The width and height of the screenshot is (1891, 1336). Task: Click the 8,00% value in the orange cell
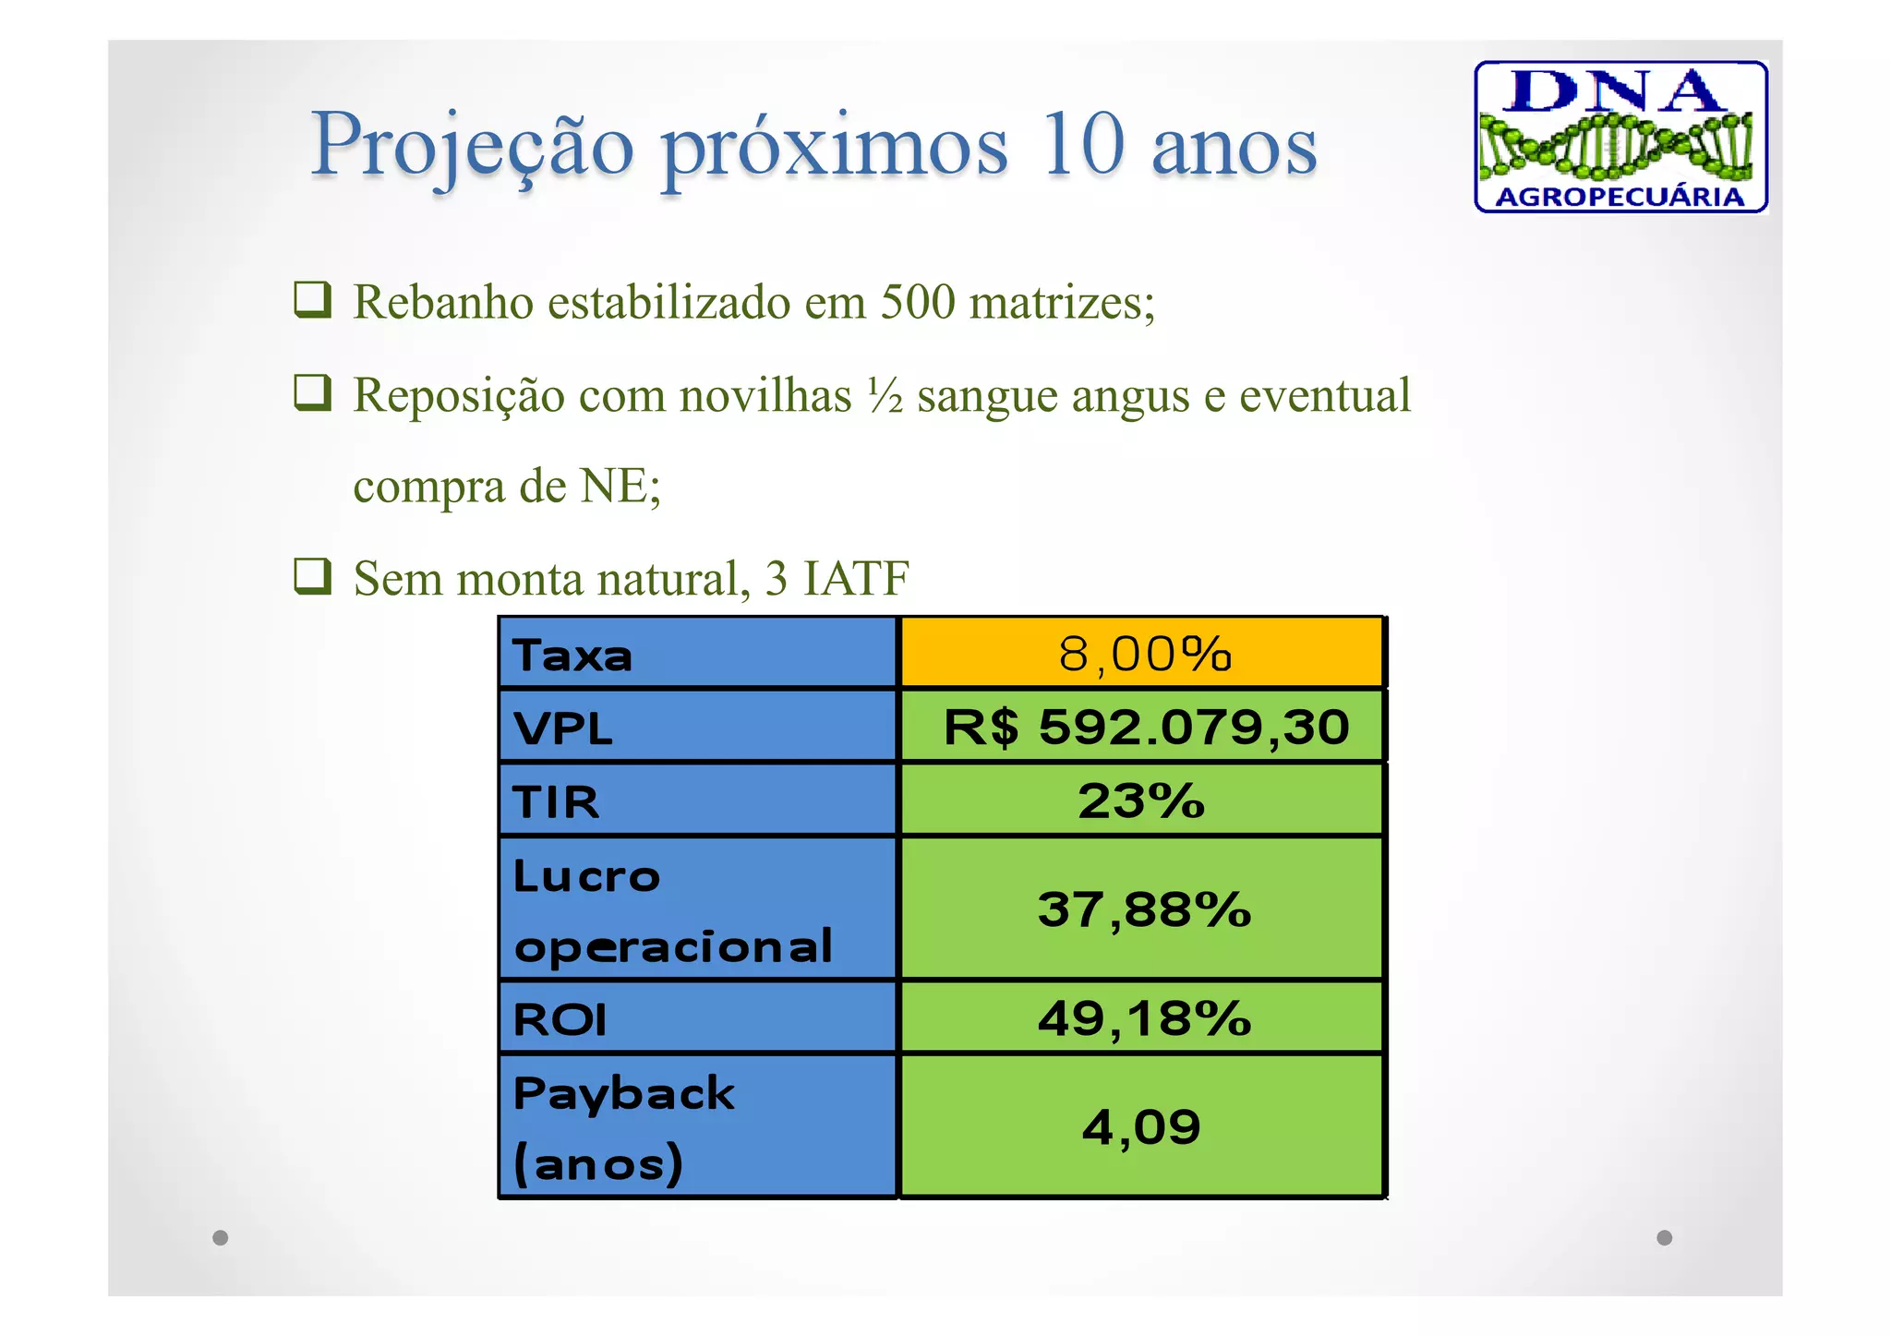pyautogui.click(x=1144, y=654)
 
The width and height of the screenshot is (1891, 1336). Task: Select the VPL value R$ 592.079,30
pyautogui.click(x=1145, y=727)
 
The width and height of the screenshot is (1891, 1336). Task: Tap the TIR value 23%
pyautogui.click(x=1141, y=800)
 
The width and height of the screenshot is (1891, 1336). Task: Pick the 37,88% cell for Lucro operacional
pyautogui.click(x=1144, y=909)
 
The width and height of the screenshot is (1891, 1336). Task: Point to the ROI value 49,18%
pyautogui.click(x=1144, y=1018)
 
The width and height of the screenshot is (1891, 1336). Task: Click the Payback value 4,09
pyautogui.click(x=1141, y=1127)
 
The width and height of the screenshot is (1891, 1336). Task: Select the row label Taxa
pyautogui.click(x=572, y=656)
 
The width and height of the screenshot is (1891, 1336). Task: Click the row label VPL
pyautogui.click(x=562, y=728)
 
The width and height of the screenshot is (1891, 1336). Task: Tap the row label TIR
pyautogui.click(x=556, y=801)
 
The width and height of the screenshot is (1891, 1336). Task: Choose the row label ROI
pyautogui.click(x=560, y=1020)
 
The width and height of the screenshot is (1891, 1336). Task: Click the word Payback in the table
pyautogui.click(x=624, y=1094)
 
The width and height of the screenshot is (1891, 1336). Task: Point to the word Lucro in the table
pyautogui.click(x=586, y=876)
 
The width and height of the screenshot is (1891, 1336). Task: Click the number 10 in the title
pyautogui.click(x=1081, y=145)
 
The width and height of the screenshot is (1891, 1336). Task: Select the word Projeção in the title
pyautogui.click(x=472, y=146)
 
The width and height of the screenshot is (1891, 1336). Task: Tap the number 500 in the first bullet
pyautogui.click(x=917, y=302)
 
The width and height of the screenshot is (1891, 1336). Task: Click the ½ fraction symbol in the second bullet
pyautogui.click(x=885, y=396)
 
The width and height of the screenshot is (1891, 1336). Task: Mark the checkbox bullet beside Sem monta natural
pyautogui.click(x=312, y=576)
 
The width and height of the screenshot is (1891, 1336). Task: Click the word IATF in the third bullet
pyautogui.click(x=856, y=579)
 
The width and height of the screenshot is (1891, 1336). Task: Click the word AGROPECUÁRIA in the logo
pyautogui.click(x=1620, y=197)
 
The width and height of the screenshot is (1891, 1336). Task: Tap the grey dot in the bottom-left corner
pyautogui.click(x=220, y=1237)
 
